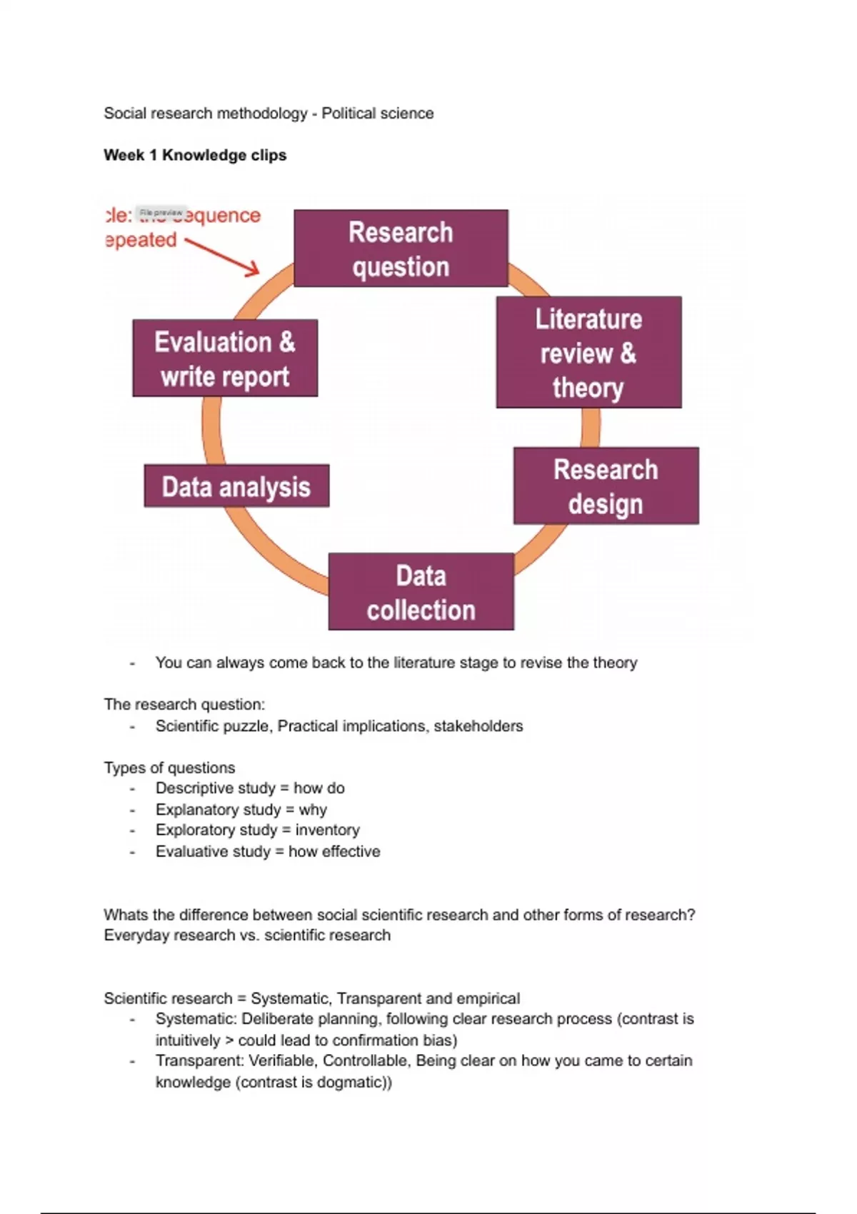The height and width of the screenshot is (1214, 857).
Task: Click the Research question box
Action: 401,249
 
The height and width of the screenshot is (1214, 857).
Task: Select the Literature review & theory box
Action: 588,353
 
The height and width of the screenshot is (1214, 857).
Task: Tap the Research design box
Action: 606,486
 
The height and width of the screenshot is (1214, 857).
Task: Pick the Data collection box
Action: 421,592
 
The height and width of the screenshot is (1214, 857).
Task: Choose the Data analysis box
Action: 236,486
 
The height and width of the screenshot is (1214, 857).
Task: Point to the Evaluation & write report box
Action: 225,358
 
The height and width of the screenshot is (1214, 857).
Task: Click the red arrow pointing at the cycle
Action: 223,256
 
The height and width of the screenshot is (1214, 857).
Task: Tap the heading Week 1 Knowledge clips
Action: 195,155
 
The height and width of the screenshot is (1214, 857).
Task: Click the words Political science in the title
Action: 377,114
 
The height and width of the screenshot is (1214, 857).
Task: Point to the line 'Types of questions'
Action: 169,768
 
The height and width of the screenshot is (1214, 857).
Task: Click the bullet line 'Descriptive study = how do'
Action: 250,788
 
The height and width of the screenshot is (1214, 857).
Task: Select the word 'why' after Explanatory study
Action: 313,810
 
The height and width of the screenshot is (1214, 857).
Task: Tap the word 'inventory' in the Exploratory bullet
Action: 327,830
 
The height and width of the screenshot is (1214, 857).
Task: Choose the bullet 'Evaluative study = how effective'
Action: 268,851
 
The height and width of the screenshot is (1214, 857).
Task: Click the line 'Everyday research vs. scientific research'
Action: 247,935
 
